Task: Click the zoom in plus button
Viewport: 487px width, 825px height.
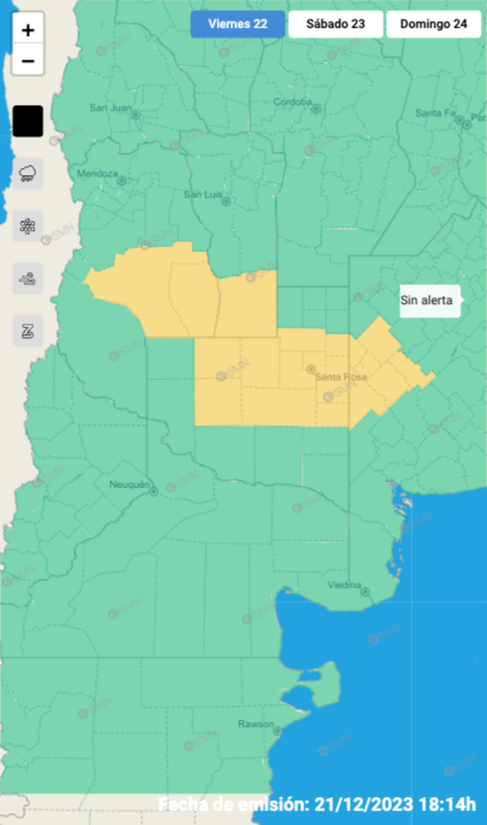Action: pyautogui.click(x=28, y=31)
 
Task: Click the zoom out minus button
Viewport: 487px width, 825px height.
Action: pyautogui.click(x=28, y=61)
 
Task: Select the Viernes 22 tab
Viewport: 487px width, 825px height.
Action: pyautogui.click(x=237, y=24)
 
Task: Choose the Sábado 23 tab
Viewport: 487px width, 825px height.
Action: pyautogui.click(x=335, y=24)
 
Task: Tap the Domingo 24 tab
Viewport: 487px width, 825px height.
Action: pyautogui.click(x=434, y=24)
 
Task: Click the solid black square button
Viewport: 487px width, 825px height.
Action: pyautogui.click(x=28, y=121)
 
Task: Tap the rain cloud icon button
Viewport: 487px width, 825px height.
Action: pyautogui.click(x=28, y=172)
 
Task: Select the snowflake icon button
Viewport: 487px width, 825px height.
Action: pyautogui.click(x=28, y=226)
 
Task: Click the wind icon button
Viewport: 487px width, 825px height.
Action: pyautogui.click(x=28, y=278)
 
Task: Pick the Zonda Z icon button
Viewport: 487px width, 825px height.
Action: pyautogui.click(x=28, y=330)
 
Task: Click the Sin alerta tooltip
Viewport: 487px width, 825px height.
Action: pyautogui.click(x=427, y=301)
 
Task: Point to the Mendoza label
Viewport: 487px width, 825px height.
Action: pyautogui.click(x=97, y=173)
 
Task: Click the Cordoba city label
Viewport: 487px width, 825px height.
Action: pyautogui.click(x=291, y=102)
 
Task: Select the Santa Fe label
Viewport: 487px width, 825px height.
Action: pyautogui.click(x=435, y=113)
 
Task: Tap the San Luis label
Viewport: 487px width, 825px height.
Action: pyautogui.click(x=202, y=194)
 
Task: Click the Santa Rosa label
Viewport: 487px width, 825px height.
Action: pyautogui.click(x=340, y=377)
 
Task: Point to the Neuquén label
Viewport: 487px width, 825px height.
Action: pyautogui.click(x=129, y=484)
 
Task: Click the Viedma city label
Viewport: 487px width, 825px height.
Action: pyautogui.click(x=344, y=586)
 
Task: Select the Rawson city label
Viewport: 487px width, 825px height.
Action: pyautogui.click(x=255, y=724)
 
